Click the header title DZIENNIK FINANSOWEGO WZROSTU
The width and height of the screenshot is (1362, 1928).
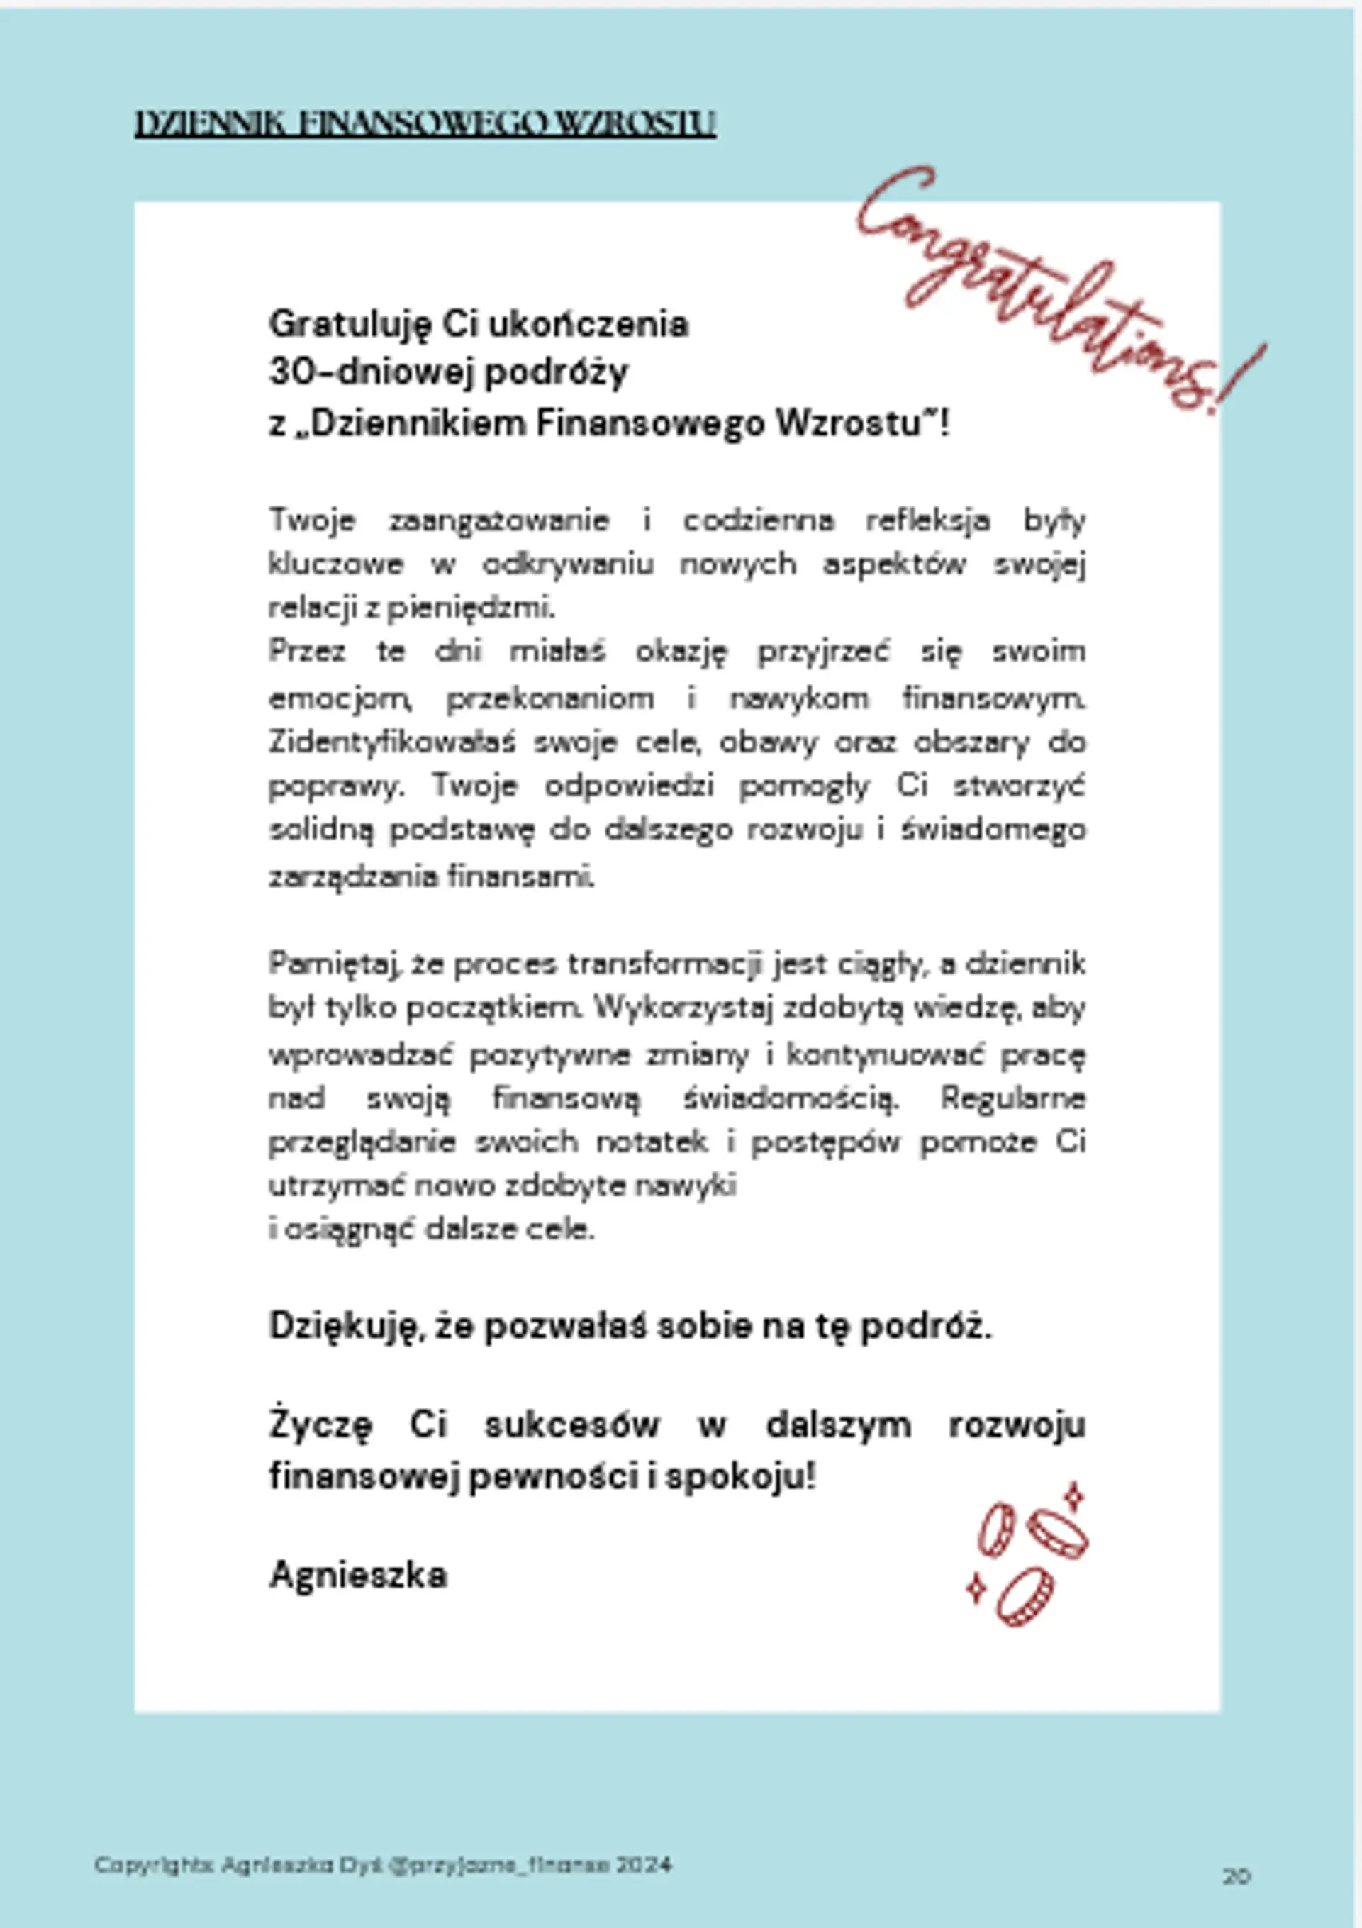click(x=425, y=123)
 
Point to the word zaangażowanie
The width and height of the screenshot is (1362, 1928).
click(x=498, y=520)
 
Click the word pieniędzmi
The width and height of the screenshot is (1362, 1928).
click(x=471, y=607)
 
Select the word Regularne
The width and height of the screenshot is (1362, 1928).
click(x=1012, y=1098)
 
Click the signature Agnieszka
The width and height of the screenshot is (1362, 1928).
click(x=358, y=1576)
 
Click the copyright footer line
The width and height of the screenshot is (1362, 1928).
click(x=383, y=1866)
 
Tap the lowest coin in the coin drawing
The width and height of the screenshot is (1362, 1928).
click(x=1025, y=1596)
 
